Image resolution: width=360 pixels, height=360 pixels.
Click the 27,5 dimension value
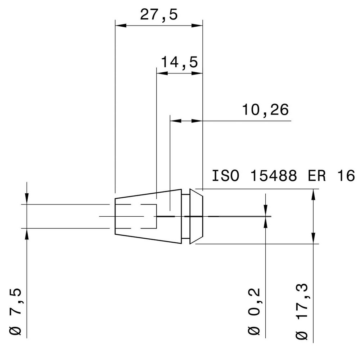pos(159,16)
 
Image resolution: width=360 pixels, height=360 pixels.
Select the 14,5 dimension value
pos(179,63)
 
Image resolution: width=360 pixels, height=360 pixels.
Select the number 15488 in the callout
pos(274,176)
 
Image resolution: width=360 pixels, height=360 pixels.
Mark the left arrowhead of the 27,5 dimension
pos(120,26)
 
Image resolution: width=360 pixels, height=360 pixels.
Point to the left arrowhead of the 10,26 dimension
pos(175,121)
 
